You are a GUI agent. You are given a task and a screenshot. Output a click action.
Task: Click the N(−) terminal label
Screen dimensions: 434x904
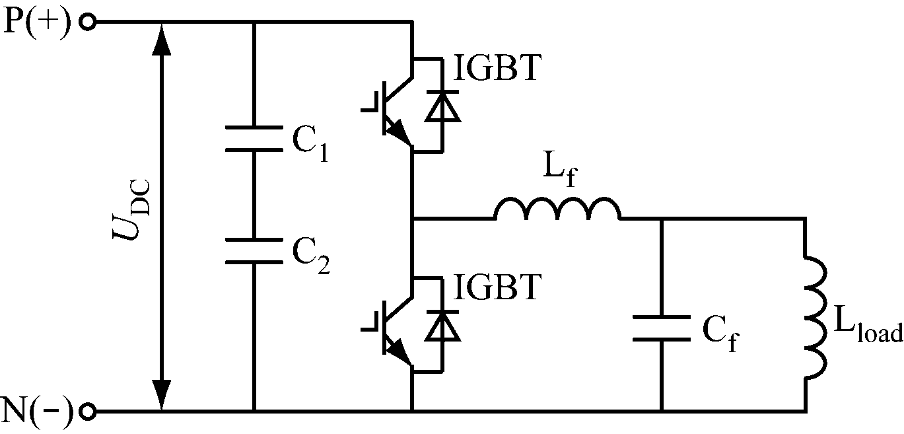37,411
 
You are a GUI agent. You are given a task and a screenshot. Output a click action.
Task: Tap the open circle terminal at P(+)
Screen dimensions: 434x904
87,22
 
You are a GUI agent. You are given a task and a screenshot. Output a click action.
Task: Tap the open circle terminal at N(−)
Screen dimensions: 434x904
87,412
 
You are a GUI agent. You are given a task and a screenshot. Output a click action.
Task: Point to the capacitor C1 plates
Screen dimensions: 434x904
254,139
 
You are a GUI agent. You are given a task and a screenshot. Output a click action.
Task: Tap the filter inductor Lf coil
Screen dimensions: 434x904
557,209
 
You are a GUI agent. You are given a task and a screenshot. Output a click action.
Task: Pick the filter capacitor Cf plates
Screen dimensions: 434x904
660,328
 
